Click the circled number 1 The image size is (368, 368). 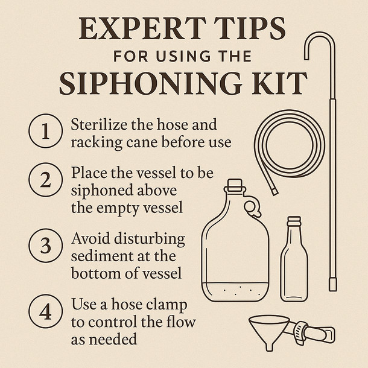[43, 133]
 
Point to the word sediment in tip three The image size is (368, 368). [98, 256]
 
